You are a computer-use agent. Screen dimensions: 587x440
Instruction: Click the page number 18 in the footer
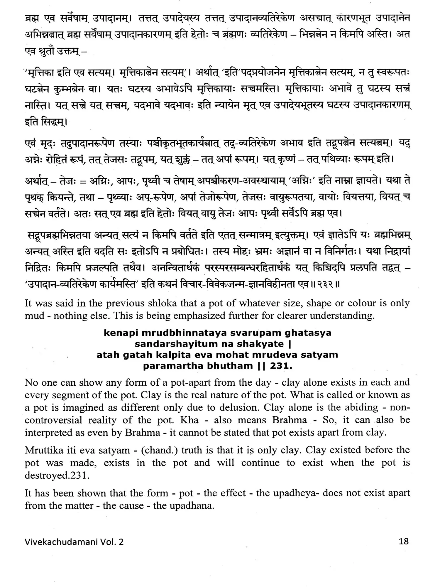coord(404,542)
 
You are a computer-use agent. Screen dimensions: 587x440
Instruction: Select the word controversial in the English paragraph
coord(53,420)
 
